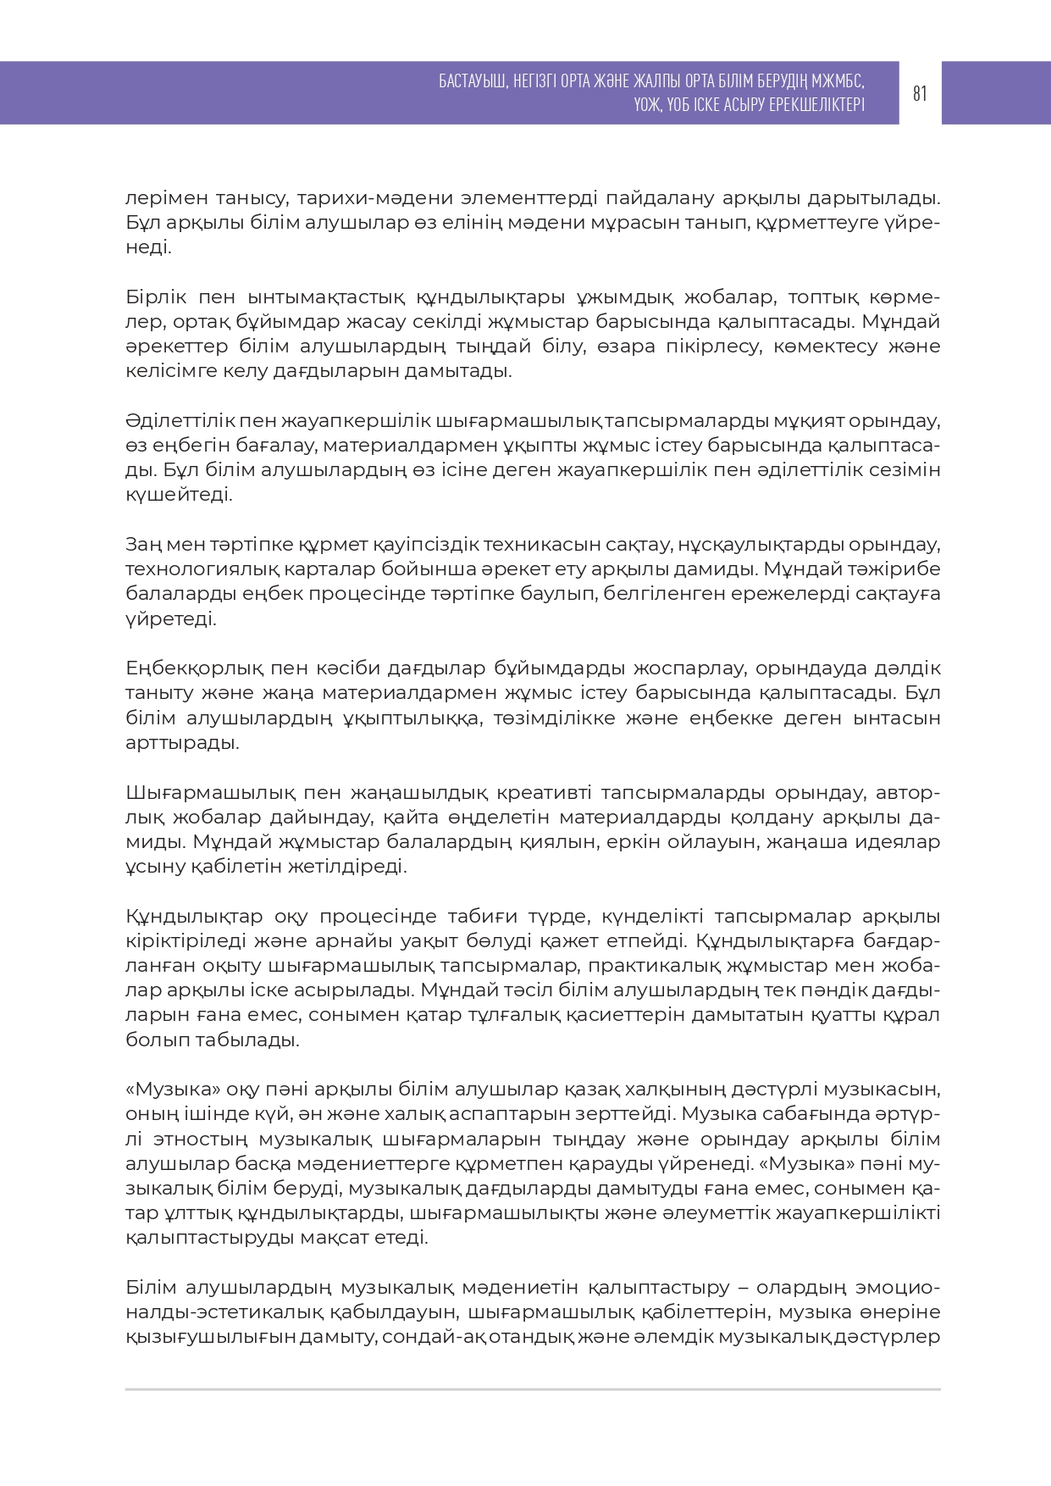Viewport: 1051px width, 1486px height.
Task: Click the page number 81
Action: pos(920,93)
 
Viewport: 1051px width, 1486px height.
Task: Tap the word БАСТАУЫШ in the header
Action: pos(472,81)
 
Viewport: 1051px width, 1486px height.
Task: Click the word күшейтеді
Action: pos(179,495)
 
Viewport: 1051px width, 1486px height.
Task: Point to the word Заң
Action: pos(143,544)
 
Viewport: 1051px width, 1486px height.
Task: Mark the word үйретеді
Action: pos(171,618)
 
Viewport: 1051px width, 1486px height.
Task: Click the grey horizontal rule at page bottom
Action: pos(533,1389)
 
